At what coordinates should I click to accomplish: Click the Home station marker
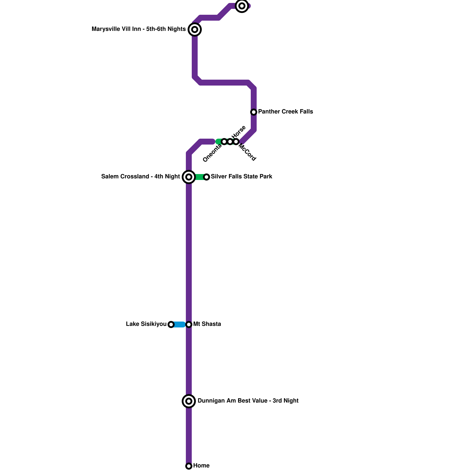(x=189, y=466)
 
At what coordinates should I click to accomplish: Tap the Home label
(x=201, y=466)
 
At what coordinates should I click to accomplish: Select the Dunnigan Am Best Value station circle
(x=189, y=401)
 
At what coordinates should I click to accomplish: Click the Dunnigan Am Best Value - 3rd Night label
(x=248, y=401)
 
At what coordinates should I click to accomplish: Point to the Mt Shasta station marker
(x=189, y=324)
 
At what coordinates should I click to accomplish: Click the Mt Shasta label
(x=207, y=324)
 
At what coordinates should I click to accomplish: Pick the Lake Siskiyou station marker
(x=171, y=324)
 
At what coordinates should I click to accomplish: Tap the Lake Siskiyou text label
(x=146, y=324)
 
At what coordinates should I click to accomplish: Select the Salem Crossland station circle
(x=189, y=177)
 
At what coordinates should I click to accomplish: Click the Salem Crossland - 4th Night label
(x=140, y=177)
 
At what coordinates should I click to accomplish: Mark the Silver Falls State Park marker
(x=206, y=177)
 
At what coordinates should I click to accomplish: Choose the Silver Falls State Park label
(x=242, y=177)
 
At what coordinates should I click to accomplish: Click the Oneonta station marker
(x=224, y=142)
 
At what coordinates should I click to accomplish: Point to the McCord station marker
(x=236, y=142)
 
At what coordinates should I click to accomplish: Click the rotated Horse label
(x=239, y=132)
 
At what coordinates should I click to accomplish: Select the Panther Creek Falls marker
(x=254, y=112)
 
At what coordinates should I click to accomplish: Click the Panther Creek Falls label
(x=286, y=112)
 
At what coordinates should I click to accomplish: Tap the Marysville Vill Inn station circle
(x=195, y=29)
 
